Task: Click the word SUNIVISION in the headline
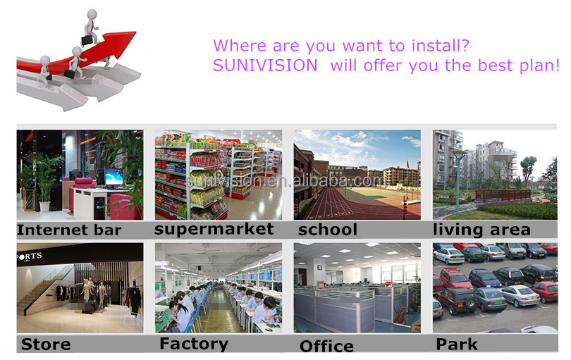click(x=265, y=66)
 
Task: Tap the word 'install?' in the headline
click(x=441, y=46)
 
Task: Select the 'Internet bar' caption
click(x=69, y=230)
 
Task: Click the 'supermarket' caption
click(x=214, y=230)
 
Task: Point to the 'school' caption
click(x=327, y=230)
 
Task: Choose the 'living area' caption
click(x=481, y=230)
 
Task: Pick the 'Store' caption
click(x=46, y=344)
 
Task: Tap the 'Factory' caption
click(x=194, y=344)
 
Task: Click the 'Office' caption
click(x=326, y=346)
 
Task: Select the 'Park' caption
click(x=457, y=344)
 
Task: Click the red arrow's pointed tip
click(x=135, y=32)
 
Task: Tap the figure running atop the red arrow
click(x=90, y=27)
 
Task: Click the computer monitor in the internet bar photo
click(x=114, y=178)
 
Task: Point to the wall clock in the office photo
click(x=320, y=268)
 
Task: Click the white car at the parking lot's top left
click(x=448, y=256)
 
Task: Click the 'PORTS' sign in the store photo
click(x=29, y=256)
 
